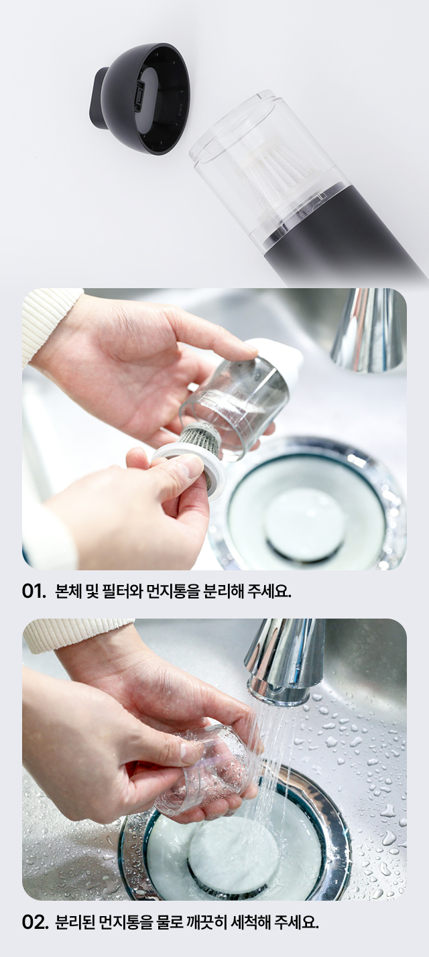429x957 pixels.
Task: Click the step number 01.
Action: pyautogui.click(x=34, y=592)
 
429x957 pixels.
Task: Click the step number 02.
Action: pyautogui.click(x=34, y=922)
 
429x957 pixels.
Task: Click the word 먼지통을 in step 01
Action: pyautogui.click(x=174, y=592)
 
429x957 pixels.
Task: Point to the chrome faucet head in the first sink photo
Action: pyautogui.click(x=368, y=329)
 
